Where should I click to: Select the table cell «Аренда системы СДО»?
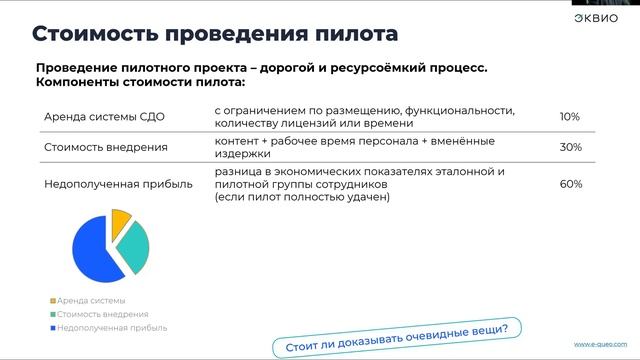(x=104, y=117)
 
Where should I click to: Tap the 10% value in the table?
(x=570, y=117)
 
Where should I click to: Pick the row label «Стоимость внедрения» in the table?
(x=106, y=147)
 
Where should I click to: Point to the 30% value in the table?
(x=570, y=147)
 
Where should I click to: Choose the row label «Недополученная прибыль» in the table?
(x=118, y=184)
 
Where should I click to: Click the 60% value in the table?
(x=570, y=184)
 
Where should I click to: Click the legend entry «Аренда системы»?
(x=91, y=301)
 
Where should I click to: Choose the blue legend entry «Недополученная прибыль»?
(x=111, y=327)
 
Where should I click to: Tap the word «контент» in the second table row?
(x=236, y=141)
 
